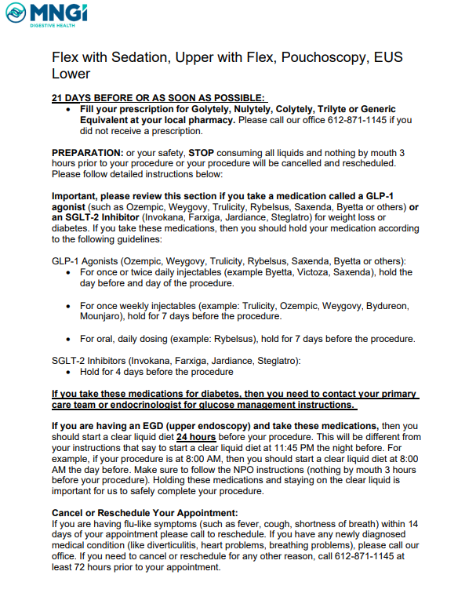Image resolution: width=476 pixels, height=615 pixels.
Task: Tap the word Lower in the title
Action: (x=71, y=75)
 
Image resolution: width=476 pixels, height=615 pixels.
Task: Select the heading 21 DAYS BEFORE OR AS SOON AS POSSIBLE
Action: (x=158, y=98)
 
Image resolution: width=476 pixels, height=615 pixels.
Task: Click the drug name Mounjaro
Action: (x=103, y=316)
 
